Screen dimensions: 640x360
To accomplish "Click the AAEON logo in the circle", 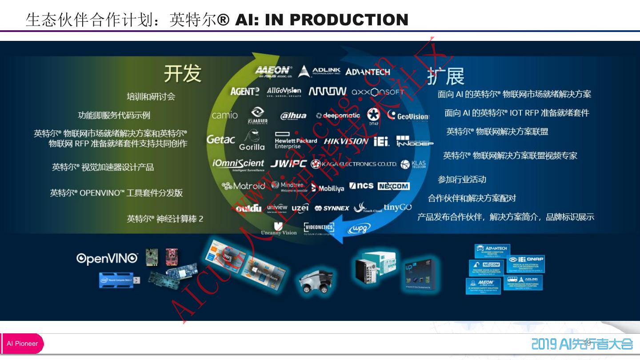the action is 273,71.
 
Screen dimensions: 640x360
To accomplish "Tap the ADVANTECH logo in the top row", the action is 368,72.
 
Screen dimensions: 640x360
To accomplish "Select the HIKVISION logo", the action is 346,141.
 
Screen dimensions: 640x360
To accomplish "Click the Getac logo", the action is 220,140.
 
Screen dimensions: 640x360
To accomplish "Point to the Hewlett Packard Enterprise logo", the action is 295,140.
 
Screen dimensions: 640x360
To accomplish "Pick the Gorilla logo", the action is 252,140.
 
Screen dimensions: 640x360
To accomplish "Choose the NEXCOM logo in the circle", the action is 393,186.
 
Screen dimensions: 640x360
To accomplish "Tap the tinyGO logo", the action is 397,207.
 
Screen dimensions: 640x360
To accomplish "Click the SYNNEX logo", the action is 332,208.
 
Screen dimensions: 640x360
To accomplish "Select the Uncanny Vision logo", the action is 279,229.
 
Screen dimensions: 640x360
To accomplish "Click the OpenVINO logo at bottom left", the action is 107,259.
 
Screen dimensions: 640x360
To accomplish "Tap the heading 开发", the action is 182,73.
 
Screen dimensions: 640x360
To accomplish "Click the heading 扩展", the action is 445,76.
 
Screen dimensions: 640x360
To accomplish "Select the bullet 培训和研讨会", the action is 151,96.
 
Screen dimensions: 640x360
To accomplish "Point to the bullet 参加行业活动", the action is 462,180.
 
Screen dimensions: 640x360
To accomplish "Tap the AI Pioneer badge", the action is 22,344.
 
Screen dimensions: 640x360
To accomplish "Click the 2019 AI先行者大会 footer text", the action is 582,344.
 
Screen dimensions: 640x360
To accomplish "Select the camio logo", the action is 224,115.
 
